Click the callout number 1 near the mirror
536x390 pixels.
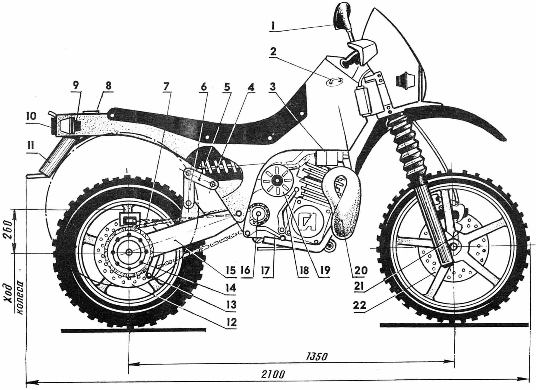point(273,26)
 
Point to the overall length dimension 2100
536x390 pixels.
point(273,374)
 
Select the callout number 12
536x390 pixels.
point(231,322)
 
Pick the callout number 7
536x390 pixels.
point(166,87)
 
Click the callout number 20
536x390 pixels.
point(361,270)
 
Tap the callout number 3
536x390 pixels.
point(273,87)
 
